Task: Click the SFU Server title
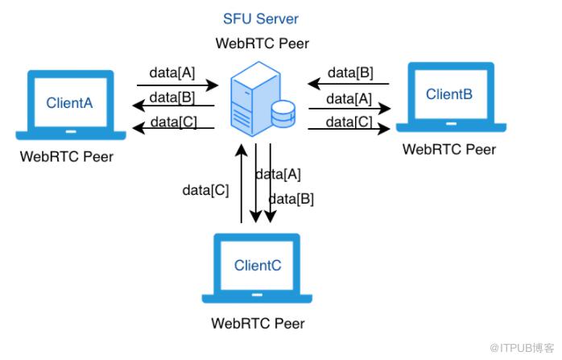click(x=261, y=19)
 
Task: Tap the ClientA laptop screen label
click(x=69, y=103)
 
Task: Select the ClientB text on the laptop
click(x=449, y=94)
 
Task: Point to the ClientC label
click(x=258, y=265)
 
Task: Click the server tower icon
click(x=255, y=98)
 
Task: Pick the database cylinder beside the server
click(x=283, y=114)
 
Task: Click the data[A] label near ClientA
click(x=172, y=72)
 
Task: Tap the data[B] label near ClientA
click(x=172, y=97)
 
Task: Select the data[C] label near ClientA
click(x=173, y=122)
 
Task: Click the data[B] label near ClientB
click(x=350, y=72)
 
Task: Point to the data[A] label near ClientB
click(x=349, y=98)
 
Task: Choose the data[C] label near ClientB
click(x=349, y=122)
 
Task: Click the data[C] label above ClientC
click(x=205, y=190)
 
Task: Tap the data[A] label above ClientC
click(x=278, y=174)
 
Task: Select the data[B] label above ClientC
click(x=291, y=199)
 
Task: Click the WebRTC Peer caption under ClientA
click(x=67, y=157)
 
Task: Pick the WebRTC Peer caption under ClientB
click(x=449, y=150)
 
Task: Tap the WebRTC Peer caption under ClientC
click(x=258, y=324)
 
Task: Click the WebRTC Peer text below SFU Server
click(x=262, y=43)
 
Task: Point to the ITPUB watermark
click(x=522, y=348)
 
